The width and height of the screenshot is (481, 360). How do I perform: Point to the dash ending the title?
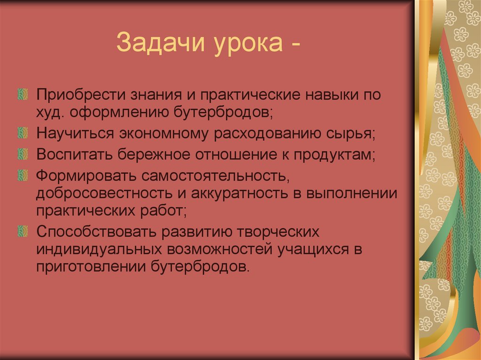295,45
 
